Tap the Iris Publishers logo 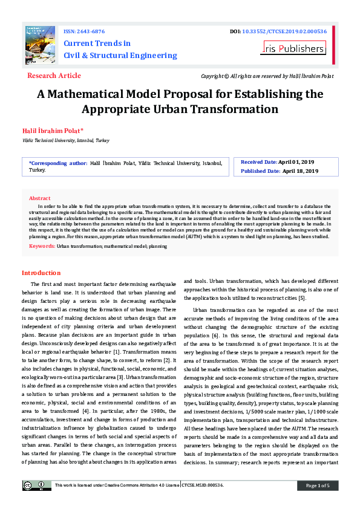(293, 48)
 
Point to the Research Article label (54, 76)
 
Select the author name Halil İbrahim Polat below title (53, 131)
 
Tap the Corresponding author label (58, 163)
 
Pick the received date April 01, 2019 (296, 163)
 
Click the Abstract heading (40, 198)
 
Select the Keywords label (42, 247)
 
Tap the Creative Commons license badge (37, 485)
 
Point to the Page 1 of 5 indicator (318, 485)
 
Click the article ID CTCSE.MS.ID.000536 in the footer (203, 485)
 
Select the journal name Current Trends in (97, 44)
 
